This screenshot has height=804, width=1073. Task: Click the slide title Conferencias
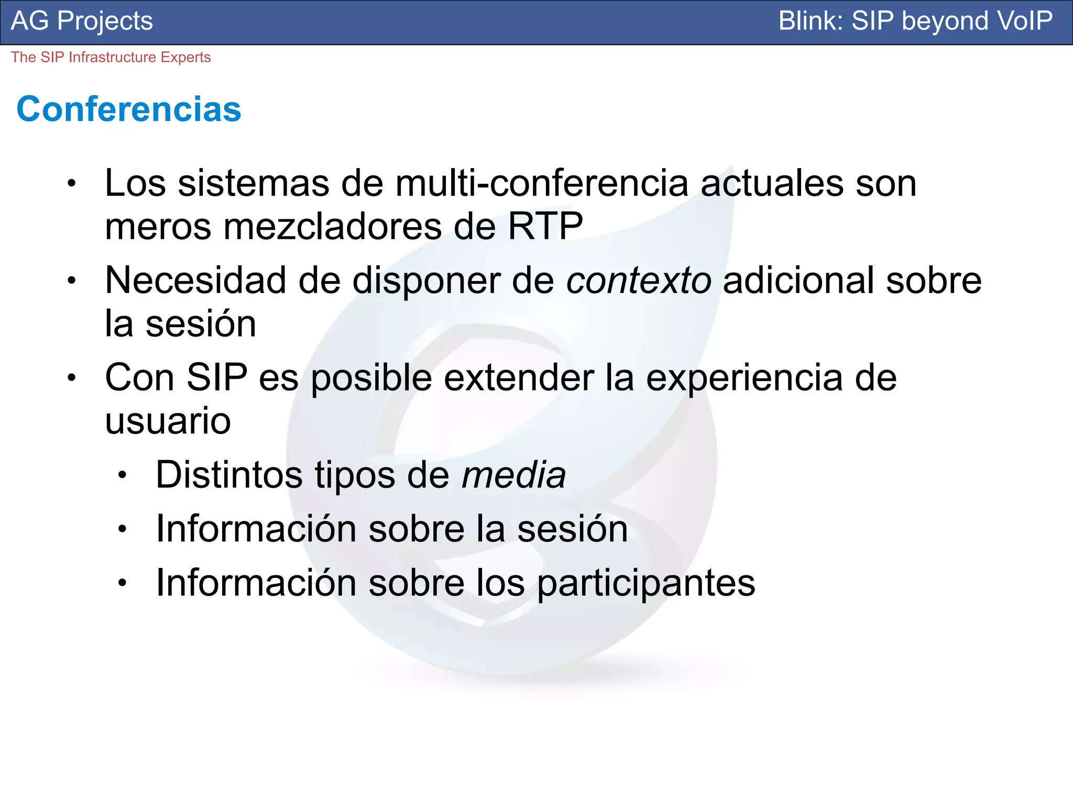pos(129,109)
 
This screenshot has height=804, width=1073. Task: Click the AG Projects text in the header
pos(82,21)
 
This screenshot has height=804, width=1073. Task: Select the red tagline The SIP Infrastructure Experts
pos(111,57)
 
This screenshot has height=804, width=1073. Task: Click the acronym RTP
pos(545,226)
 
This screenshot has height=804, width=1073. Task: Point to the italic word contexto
pos(639,281)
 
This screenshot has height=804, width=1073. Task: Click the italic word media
pos(513,475)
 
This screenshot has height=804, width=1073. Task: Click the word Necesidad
pos(195,281)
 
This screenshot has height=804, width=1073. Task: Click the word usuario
pos(168,421)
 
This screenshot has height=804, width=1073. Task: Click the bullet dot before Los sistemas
pos(72,184)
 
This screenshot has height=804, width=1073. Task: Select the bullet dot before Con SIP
pos(72,378)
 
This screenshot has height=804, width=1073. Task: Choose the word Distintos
pos(229,475)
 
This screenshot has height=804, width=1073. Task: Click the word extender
pos(519,378)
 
